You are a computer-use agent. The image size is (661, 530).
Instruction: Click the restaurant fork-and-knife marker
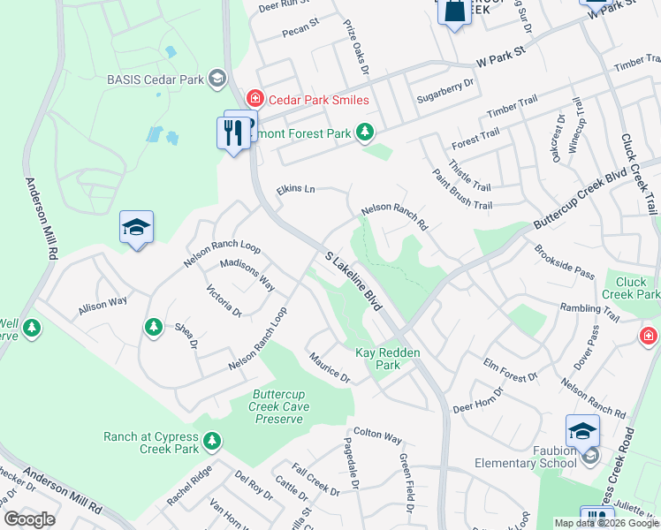click(x=233, y=132)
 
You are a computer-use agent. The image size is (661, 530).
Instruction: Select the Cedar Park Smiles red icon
click(x=255, y=99)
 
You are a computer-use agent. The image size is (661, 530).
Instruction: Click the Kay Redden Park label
click(x=388, y=359)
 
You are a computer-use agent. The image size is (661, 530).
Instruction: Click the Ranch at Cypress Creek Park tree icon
click(x=211, y=440)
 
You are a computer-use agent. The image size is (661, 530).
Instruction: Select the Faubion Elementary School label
click(x=526, y=463)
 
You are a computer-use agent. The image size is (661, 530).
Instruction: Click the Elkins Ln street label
click(x=295, y=189)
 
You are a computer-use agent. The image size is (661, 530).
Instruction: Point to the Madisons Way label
click(x=247, y=275)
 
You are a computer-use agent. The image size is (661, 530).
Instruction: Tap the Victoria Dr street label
click(x=224, y=301)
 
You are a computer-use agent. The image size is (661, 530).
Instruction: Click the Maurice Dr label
click(x=330, y=367)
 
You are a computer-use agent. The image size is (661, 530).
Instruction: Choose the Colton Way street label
click(x=377, y=437)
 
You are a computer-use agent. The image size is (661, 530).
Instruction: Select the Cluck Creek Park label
click(x=631, y=288)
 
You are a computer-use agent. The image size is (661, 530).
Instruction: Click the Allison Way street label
click(x=103, y=304)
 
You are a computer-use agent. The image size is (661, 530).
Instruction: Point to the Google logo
click(x=29, y=519)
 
